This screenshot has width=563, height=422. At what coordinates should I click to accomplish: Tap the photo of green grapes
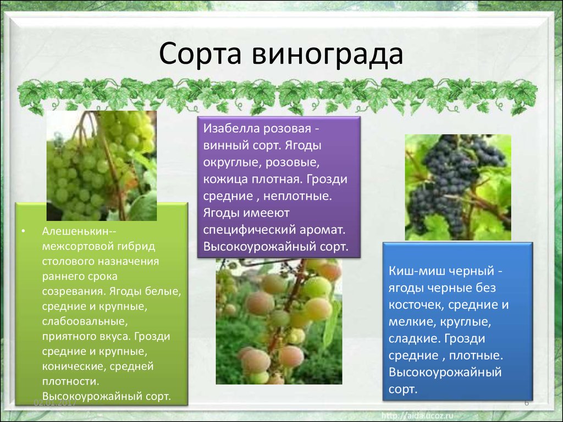coord(102,165)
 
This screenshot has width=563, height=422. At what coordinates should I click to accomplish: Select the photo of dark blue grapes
coord(458,187)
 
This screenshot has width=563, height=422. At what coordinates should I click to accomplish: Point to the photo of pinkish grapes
coord(279,321)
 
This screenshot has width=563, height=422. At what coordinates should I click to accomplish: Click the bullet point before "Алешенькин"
coord(23,231)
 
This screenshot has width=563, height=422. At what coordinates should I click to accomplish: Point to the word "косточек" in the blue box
coord(417,304)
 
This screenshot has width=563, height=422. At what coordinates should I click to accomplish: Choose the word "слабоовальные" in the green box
coord(85,321)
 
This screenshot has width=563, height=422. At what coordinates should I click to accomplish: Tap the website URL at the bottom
coord(417,415)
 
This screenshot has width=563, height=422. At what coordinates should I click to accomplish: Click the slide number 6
coord(527,403)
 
